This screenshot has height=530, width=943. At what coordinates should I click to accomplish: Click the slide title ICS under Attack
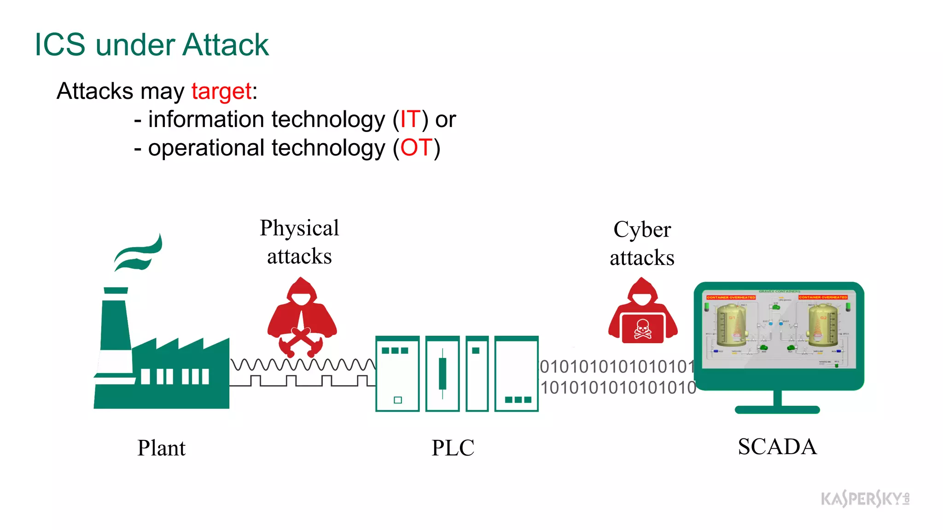click(151, 45)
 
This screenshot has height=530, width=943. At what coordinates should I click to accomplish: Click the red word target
click(221, 91)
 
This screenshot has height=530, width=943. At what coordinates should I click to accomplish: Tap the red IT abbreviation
click(410, 120)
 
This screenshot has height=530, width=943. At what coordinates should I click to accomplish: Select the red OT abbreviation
click(416, 148)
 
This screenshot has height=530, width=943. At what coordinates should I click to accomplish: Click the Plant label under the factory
click(161, 448)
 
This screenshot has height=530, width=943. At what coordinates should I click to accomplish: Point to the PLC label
click(453, 448)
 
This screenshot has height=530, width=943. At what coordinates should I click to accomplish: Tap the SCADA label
click(777, 447)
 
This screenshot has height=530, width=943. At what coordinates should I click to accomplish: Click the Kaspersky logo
click(864, 499)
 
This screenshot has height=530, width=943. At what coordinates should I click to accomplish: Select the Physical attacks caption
click(299, 242)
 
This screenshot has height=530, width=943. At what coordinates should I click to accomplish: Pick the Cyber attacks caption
click(642, 243)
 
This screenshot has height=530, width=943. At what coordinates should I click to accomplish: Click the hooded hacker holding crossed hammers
click(302, 317)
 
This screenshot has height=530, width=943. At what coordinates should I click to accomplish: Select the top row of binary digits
click(617, 367)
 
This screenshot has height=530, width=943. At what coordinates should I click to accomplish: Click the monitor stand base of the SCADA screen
click(777, 409)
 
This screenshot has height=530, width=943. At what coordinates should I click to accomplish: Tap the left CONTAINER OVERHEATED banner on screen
click(731, 297)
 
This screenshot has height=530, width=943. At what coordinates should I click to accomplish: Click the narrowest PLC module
click(477, 374)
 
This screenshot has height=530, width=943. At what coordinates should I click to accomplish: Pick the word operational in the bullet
click(206, 148)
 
